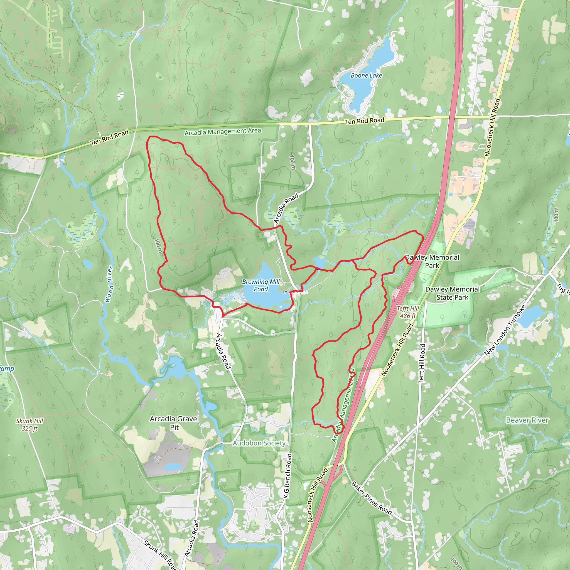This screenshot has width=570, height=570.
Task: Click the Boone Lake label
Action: (366, 75)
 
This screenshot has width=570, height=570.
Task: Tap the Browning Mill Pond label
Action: (261, 285)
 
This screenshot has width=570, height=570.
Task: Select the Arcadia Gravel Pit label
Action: (174, 423)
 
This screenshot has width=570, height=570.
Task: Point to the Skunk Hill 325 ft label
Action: (30, 424)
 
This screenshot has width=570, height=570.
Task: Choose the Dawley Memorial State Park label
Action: (452, 293)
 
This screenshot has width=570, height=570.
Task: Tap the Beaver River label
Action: (527, 420)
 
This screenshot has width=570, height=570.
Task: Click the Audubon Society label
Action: (259, 443)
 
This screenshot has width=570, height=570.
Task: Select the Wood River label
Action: (109, 284)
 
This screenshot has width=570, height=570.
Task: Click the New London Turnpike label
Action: (505, 330)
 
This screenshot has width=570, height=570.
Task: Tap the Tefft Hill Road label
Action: (422, 363)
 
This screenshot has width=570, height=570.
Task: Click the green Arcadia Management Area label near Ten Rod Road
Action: (223, 132)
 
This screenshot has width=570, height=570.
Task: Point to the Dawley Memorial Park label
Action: (432, 261)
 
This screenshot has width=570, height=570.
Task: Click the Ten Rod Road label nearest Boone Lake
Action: (365, 121)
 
